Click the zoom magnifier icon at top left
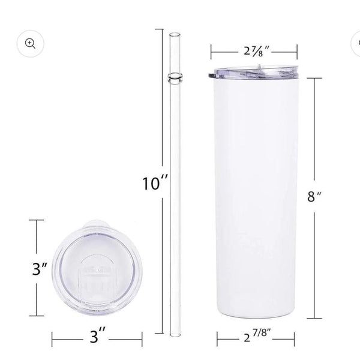31,43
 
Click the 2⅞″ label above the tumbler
256,52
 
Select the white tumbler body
256,198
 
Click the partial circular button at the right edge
356,43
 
